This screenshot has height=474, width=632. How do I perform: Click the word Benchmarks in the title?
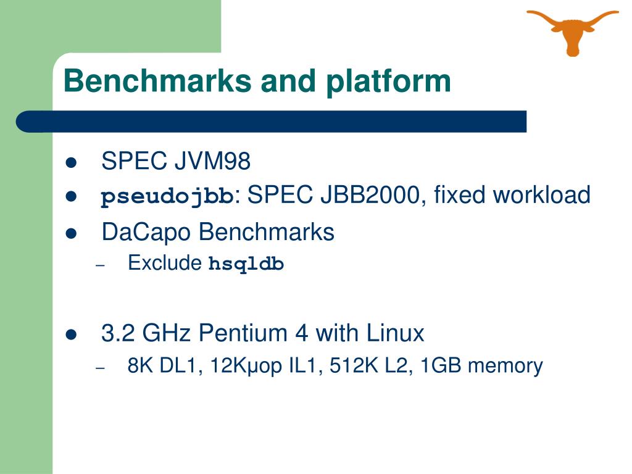157,81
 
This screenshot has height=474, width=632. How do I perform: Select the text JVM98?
212,162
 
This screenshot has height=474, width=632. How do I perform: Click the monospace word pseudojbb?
167,197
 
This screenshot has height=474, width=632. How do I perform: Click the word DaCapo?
147,233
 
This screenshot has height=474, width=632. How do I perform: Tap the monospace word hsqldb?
246,264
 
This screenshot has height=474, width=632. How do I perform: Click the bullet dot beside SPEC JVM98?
70,164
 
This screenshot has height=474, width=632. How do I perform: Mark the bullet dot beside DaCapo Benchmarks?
70,234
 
